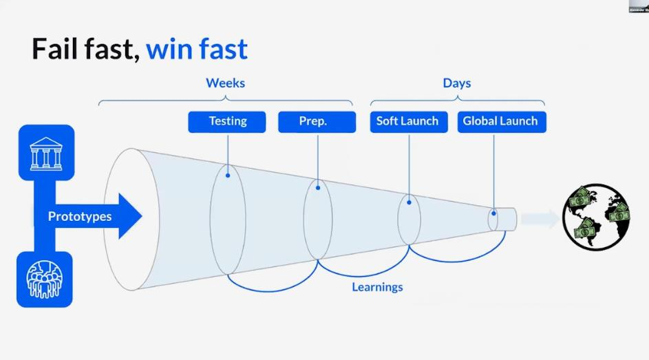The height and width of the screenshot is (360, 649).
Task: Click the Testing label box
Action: [227, 122]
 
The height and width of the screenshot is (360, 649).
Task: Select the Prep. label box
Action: [317, 122]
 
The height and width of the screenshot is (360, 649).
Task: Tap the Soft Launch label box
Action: [407, 122]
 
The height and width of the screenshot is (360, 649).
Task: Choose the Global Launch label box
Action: [500, 122]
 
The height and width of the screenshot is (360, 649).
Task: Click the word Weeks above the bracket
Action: [225, 83]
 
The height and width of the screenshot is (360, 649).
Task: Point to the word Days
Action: [456, 83]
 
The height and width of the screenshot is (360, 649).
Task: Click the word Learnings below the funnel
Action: [377, 286]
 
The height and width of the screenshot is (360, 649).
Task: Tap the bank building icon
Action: [45, 153]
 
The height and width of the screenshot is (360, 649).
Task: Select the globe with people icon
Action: [45, 279]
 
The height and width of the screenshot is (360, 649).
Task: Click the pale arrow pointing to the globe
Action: [540, 219]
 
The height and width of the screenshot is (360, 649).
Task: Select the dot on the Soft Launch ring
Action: [409, 202]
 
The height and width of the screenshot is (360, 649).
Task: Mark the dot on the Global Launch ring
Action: [493, 213]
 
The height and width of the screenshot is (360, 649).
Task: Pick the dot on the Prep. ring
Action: [317, 186]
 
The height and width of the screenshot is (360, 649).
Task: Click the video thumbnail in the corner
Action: [638, 6]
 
